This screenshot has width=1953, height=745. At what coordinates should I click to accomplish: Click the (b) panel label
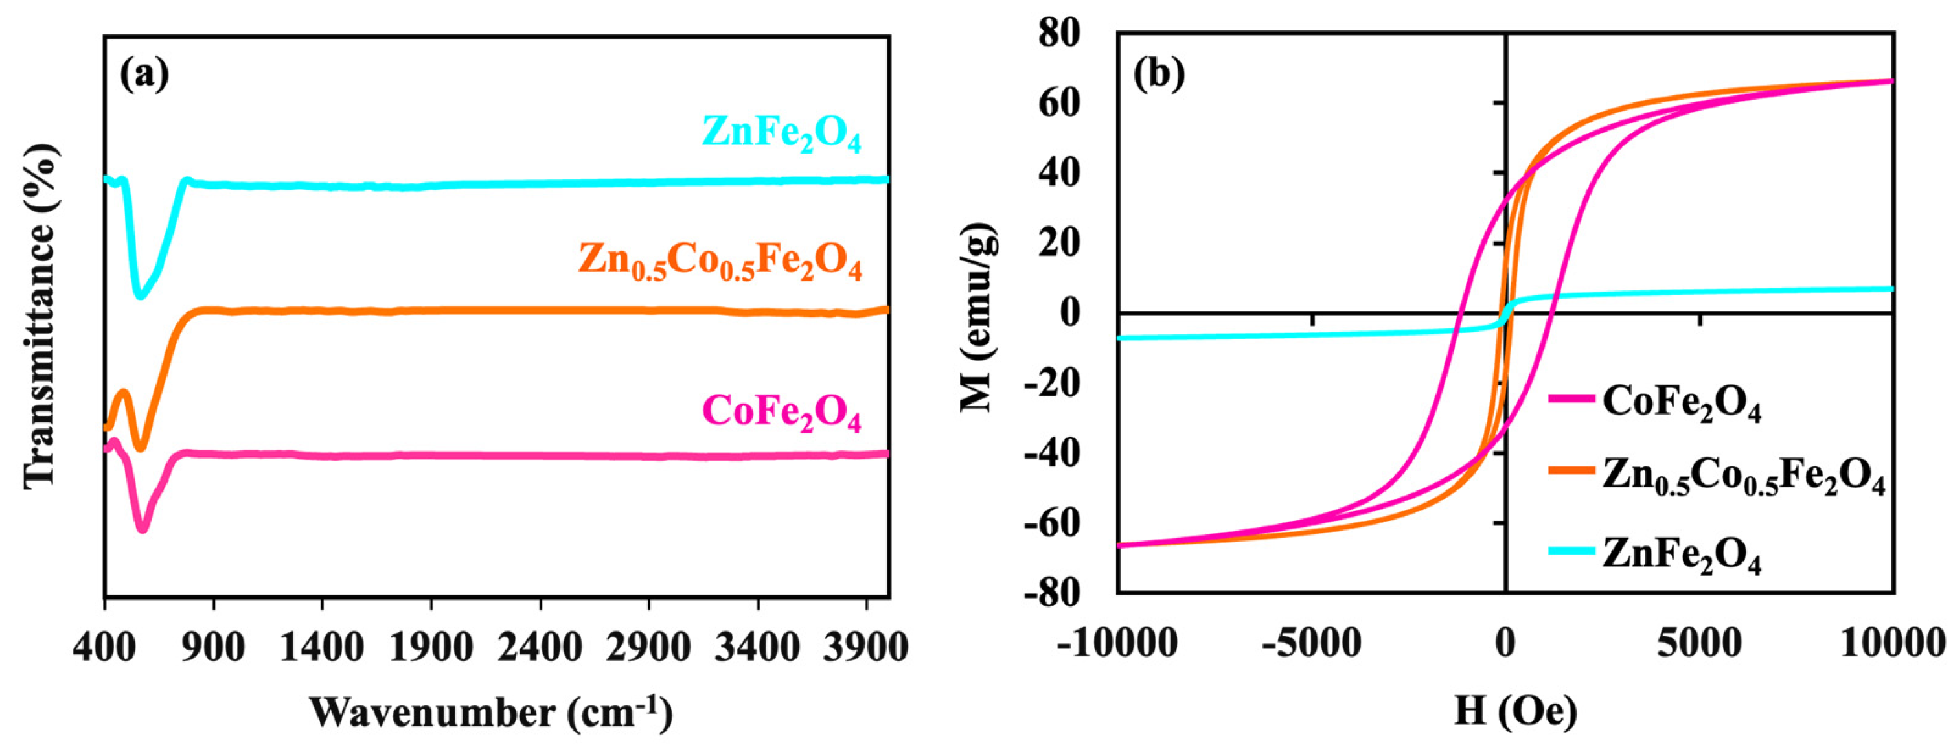[1158, 74]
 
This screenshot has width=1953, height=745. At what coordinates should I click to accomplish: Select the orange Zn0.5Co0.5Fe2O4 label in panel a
[720, 262]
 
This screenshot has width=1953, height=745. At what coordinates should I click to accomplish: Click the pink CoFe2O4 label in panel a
[782, 413]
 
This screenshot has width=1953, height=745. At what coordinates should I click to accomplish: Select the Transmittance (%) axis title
[41, 315]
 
